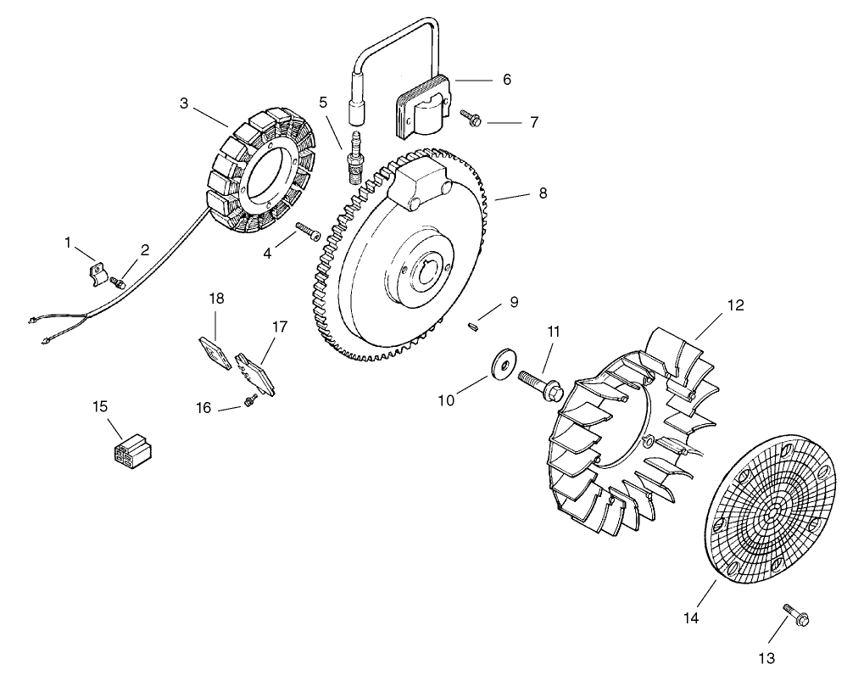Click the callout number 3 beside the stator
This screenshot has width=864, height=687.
pos(184,103)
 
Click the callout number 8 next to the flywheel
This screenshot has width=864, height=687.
pos(543,193)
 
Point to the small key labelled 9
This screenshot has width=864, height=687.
pos(475,322)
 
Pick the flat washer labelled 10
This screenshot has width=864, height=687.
pos(504,364)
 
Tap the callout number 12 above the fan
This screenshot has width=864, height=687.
pos(735,305)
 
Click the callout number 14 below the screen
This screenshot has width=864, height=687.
pos(691,618)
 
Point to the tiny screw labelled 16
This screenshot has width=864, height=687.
pos(249,400)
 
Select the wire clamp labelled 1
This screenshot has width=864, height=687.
pos(97,274)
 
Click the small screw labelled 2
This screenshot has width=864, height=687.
pos(121,281)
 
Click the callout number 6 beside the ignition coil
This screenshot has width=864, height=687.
pos(506,80)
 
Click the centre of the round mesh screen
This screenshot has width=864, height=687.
pos(772,515)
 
